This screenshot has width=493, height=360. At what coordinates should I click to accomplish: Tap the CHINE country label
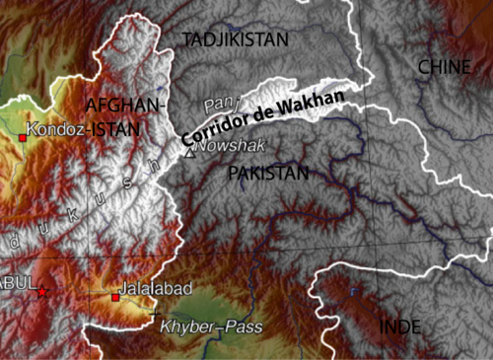445,66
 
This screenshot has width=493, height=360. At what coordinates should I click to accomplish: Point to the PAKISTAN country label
267,174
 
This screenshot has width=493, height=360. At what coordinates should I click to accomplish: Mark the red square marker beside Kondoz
22,138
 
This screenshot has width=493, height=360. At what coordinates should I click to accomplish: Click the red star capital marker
41,292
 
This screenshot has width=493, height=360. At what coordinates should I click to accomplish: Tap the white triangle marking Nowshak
189,151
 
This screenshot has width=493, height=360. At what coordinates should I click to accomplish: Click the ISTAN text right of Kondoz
117,128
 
